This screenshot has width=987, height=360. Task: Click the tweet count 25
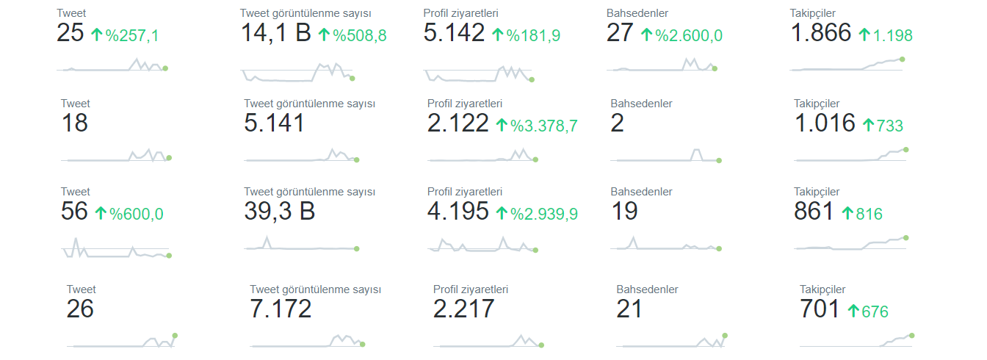(x=70, y=33)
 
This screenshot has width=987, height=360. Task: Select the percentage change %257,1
(x=131, y=36)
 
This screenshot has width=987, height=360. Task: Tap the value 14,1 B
(x=276, y=33)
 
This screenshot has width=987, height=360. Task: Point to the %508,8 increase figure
(x=360, y=36)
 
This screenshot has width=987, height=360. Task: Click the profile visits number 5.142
(x=454, y=33)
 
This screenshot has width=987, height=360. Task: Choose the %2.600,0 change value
(x=689, y=36)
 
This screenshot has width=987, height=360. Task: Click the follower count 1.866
(x=821, y=33)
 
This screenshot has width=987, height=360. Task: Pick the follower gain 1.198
(x=892, y=36)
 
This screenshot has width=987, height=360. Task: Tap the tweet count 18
(x=74, y=123)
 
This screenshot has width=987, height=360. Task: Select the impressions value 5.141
(x=274, y=123)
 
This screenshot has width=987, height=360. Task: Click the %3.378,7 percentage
(x=543, y=126)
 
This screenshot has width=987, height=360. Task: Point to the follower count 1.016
(x=825, y=123)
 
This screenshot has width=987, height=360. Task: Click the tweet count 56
(x=74, y=211)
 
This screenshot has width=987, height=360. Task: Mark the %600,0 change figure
(x=136, y=214)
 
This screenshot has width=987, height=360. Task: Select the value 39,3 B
(x=280, y=211)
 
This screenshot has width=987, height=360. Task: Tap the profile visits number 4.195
(x=458, y=211)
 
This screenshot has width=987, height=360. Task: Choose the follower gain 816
(x=869, y=214)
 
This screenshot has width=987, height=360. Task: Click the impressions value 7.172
(x=281, y=309)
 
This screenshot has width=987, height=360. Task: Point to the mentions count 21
(x=629, y=309)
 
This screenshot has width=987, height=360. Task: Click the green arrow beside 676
(x=853, y=311)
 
